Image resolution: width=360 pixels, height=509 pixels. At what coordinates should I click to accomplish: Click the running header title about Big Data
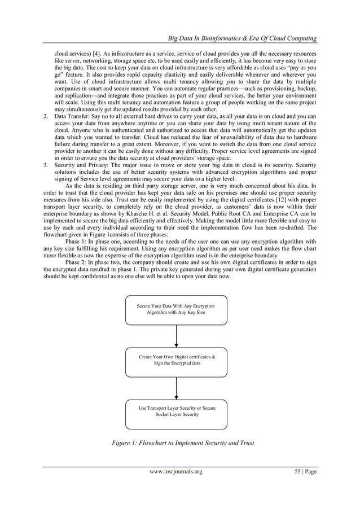click(x=240, y=38)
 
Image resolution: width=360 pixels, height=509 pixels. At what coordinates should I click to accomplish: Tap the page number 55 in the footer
click(x=302, y=471)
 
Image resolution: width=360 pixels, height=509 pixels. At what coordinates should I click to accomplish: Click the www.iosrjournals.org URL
click(x=174, y=471)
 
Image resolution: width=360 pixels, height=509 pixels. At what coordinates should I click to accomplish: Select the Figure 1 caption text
click(x=183, y=442)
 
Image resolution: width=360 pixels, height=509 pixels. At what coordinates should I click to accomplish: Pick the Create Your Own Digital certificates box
click(x=176, y=361)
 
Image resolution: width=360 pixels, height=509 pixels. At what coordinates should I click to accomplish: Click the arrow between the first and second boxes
click(x=177, y=336)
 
